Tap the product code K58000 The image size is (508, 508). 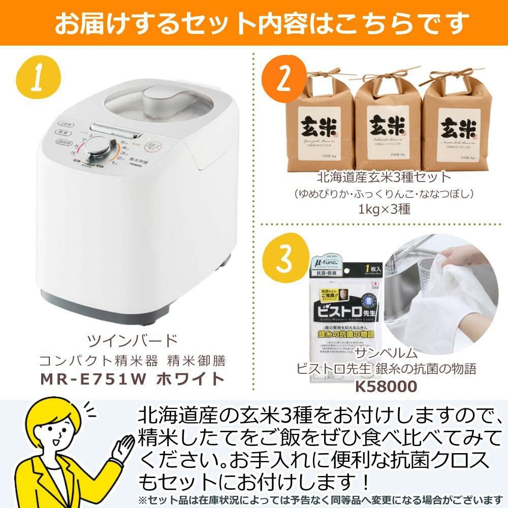click(x=386, y=386)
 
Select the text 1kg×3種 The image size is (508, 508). click(x=384, y=209)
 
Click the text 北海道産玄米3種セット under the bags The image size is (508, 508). click(x=384, y=177)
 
